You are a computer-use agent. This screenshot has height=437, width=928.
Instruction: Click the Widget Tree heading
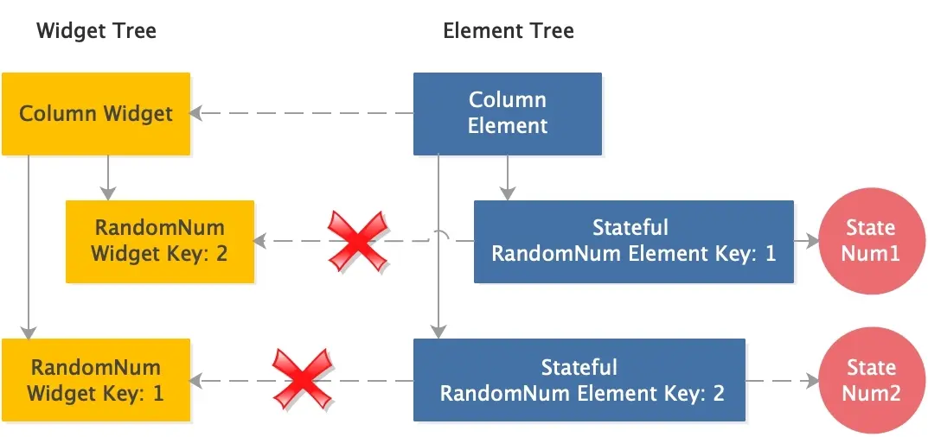point(96,32)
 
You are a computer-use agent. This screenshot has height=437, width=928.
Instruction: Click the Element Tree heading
point(508,32)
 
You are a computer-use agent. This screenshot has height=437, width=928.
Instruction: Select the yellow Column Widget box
point(96,114)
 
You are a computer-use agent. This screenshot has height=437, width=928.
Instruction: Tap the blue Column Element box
point(508,114)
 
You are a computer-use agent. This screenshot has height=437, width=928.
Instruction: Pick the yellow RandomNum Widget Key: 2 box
point(160,242)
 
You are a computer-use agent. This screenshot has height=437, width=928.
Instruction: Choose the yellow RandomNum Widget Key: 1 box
point(96,380)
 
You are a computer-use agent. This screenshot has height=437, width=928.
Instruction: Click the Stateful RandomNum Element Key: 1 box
point(633,242)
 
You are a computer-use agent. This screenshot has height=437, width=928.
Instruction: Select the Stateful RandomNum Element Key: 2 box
point(579,380)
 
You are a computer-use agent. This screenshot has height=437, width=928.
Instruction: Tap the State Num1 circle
point(870,242)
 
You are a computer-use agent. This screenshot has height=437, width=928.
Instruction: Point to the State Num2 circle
point(870,380)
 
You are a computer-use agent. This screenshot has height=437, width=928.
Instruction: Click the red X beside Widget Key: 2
point(355,241)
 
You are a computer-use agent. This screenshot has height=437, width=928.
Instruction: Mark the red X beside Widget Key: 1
point(301,379)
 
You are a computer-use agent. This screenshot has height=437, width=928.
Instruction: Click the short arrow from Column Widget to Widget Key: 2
point(107,177)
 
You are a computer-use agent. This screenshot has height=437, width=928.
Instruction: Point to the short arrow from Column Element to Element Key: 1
point(508,177)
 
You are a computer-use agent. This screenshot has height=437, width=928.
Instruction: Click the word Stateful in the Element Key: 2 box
point(579,367)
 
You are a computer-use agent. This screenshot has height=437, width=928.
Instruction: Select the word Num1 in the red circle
point(870,254)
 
